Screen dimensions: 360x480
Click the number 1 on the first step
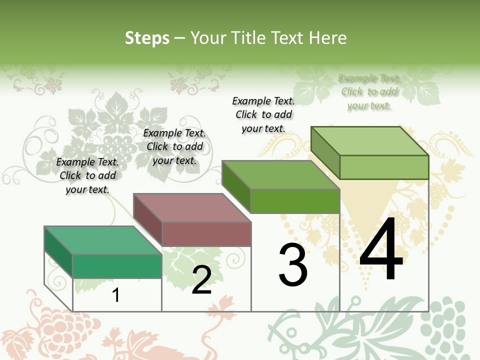coord(116,295)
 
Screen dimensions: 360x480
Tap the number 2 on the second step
coord(201,280)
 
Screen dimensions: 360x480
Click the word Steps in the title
coord(147,38)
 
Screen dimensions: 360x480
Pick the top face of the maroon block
coord(192,207)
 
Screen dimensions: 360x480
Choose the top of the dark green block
coord(281,175)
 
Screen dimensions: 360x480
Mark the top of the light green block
coord(370,141)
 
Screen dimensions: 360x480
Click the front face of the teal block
coord(117,266)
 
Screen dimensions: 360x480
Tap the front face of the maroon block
coord(206,234)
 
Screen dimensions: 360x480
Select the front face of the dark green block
coord(295,201)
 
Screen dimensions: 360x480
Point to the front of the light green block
coord(384,167)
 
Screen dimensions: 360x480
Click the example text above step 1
coord(87,175)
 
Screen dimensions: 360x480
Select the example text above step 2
coord(174,146)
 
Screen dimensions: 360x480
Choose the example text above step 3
coord(263,114)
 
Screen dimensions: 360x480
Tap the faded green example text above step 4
coord(369,91)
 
